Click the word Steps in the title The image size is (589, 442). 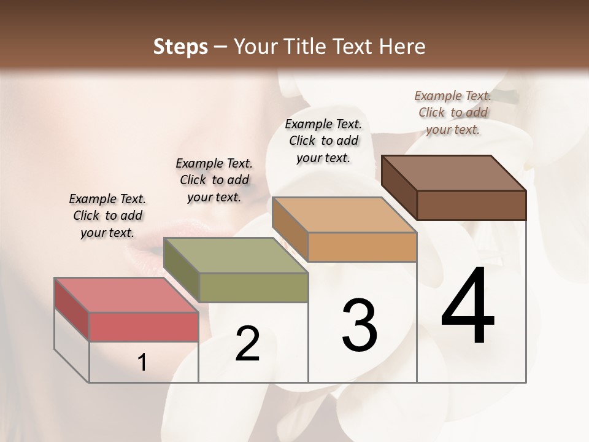[180, 47]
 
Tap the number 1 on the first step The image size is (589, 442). [142, 363]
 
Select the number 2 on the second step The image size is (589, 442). [247, 344]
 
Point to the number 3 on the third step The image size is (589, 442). [360, 325]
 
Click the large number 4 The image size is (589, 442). [468, 307]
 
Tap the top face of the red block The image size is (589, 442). [126, 295]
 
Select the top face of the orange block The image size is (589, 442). [344, 215]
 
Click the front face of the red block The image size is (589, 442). [144, 327]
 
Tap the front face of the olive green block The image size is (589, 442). [253, 287]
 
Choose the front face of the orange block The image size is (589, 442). [362, 247]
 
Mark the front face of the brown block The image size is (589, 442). [471, 205]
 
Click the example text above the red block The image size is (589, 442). [107, 215]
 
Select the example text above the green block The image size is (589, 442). [214, 180]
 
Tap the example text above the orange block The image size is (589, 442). [323, 141]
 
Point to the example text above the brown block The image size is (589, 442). [453, 112]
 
